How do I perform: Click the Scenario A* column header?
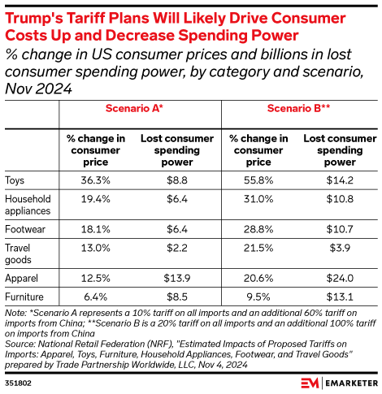tap(134, 109)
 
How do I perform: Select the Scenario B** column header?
tap(297, 109)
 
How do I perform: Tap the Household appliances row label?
tap(28, 205)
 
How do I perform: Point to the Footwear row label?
tap(24, 230)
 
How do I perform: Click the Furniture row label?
tap(24, 298)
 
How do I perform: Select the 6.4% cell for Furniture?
tap(94, 298)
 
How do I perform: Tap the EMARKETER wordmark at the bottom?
tap(345, 379)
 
